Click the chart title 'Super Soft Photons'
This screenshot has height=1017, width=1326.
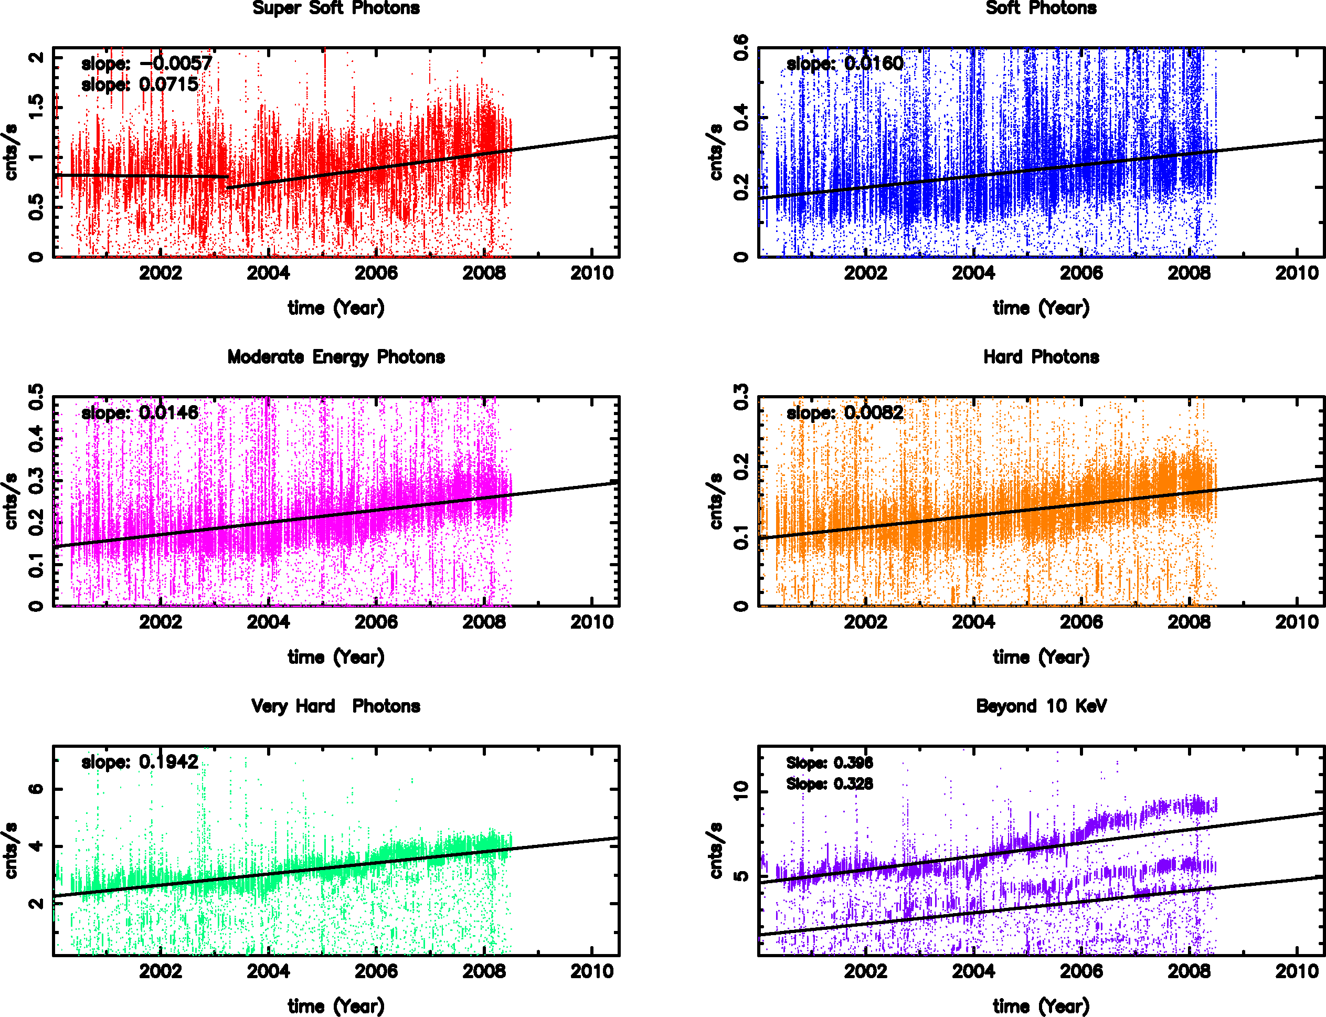coord(336,8)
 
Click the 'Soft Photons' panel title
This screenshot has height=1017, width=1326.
coord(1041,8)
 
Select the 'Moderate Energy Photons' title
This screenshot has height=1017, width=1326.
coord(336,357)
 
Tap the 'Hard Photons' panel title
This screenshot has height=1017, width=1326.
coord(1041,357)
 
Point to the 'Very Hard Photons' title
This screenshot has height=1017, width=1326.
coord(336,706)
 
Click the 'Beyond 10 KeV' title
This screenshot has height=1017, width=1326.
coord(1041,706)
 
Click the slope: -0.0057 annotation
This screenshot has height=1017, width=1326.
coord(146,63)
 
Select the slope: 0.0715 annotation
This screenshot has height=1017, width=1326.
coord(140,85)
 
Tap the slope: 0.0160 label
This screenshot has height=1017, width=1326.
coord(845,63)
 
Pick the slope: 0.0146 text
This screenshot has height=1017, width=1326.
coord(140,413)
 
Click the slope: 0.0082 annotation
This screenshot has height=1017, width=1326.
coord(845,413)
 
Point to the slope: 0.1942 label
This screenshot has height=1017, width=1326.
coord(140,762)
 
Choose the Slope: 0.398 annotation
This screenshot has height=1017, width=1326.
coord(829,763)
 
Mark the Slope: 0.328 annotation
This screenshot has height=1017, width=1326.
coord(829,784)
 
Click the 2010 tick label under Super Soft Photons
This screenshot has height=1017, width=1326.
coord(592,273)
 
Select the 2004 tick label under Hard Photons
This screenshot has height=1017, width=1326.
coord(973,622)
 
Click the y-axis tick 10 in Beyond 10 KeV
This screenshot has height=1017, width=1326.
coord(741,791)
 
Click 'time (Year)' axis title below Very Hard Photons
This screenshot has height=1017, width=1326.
coord(336,1006)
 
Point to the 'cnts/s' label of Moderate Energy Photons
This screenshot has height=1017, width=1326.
coord(11,501)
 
